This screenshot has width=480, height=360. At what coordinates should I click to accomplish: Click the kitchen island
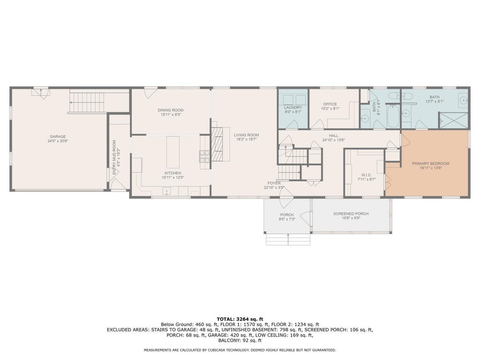pos(173,152)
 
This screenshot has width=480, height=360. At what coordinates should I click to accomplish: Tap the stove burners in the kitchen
pos(205,156)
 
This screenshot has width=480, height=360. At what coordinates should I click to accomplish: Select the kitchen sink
pos(166,191)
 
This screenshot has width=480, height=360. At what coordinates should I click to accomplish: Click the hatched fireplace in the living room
pos(218,144)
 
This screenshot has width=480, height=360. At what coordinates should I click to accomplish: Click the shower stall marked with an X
pos(454,120)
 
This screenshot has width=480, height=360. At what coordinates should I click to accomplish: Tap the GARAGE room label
pos(58,136)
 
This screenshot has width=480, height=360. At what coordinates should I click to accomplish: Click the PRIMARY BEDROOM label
pos(431,164)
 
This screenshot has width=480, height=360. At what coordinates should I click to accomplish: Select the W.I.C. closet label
pos(364,175)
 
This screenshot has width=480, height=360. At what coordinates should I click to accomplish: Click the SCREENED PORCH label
pos(351,214)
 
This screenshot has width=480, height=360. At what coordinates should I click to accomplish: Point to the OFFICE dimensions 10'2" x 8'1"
pos(330,108)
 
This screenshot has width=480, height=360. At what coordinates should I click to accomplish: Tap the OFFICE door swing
pos(317,124)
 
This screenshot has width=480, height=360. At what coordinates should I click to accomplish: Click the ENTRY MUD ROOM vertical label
pos(114,157)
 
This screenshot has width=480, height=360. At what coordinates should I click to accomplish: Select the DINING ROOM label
pos(171,110)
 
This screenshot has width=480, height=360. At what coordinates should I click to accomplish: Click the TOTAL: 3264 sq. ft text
pos(240,319)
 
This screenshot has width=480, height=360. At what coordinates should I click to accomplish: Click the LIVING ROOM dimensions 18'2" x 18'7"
pos(246,139)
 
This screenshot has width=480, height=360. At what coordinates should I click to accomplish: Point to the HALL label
pos(333,135)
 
